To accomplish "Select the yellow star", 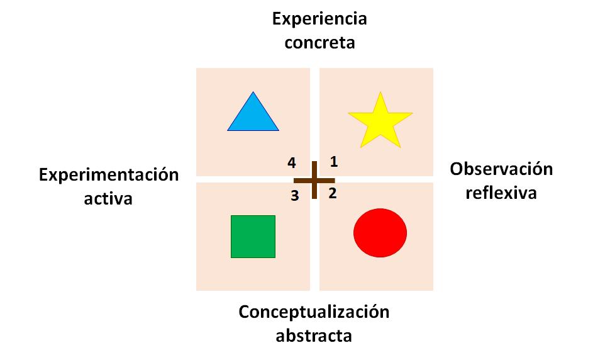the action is pos(380,121).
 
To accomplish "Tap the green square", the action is pos(253,237).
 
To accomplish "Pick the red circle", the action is pos(380,232).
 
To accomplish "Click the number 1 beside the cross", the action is pos(334,162).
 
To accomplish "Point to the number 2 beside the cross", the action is pos(333,193).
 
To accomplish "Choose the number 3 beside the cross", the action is pos(294,196).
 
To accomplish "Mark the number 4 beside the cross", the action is pos(292,163).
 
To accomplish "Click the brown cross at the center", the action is pos(314,180).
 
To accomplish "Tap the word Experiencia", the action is pos(319,18).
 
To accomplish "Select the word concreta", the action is pos(319,43).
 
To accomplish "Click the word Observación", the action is pos(501,169).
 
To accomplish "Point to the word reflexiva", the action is pos(501,193).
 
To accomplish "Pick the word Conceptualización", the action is pos(314,312).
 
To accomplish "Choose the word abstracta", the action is pos(314,335).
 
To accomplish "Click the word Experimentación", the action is pos(109,175).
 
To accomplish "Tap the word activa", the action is pos(108,199).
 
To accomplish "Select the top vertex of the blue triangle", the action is pos(253,93).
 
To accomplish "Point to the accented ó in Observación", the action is pos(539,169).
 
